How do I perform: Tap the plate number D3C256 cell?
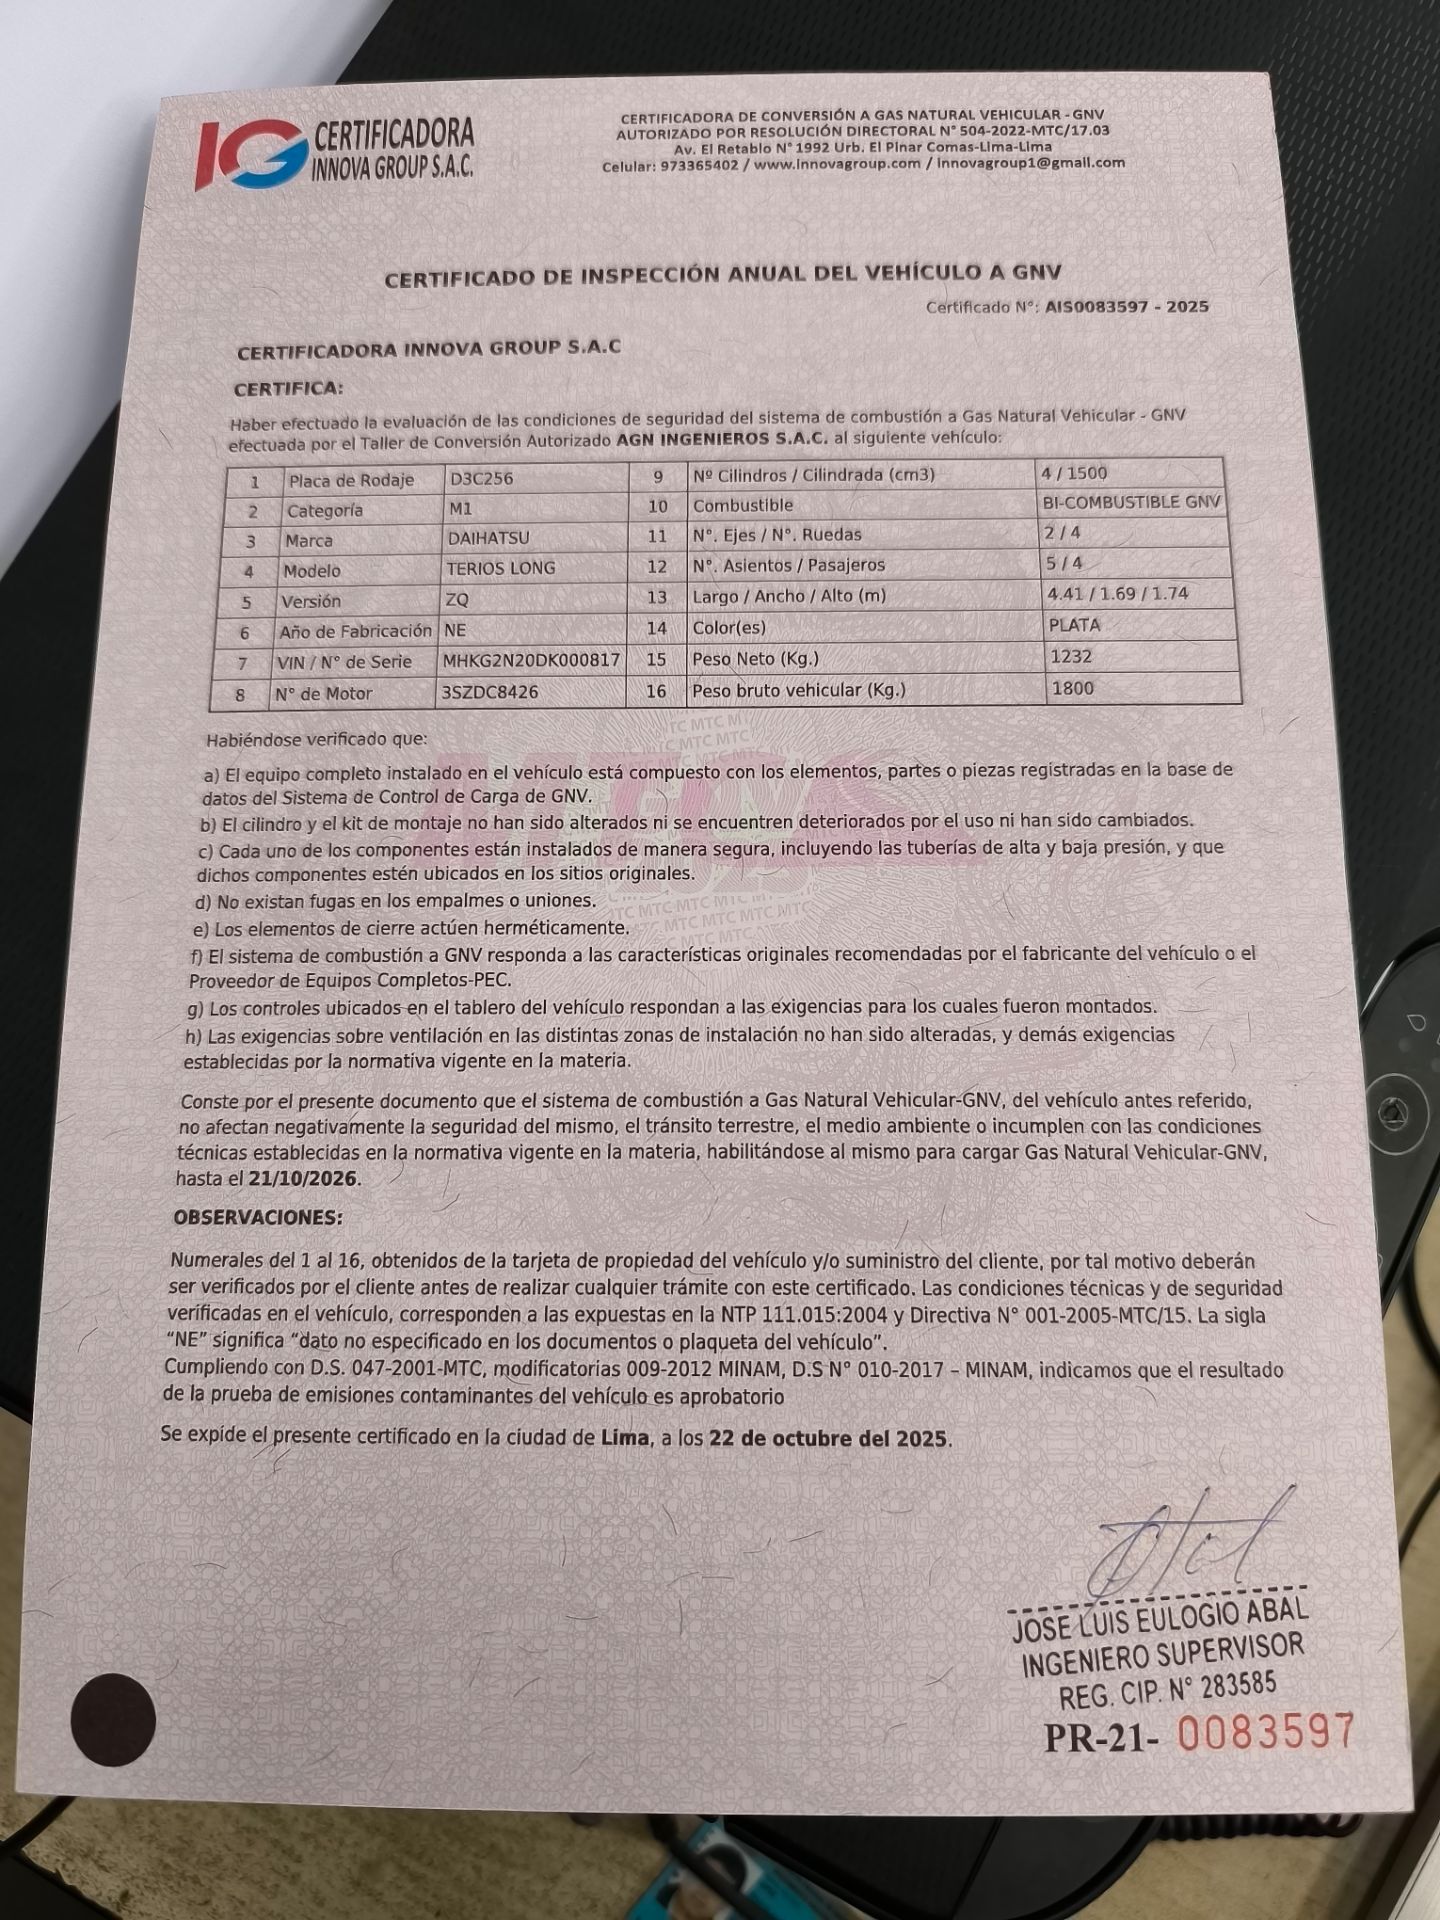pyautogui.click(x=482, y=478)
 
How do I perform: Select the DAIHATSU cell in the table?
pyautogui.click(x=489, y=538)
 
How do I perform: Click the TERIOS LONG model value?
pyautogui.click(x=501, y=568)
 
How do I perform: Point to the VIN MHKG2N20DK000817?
pyautogui.click(x=531, y=660)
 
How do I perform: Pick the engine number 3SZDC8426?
pyautogui.click(x=490, y=692)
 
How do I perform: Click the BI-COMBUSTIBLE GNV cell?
pyautogui.click(x=1132, y=502)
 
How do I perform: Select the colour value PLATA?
pyautogui.click(x=1075, y=625)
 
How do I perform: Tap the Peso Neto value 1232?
pyautogui.click(x=1071, y=657)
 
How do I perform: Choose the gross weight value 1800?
pyautogui.click(x=1072, y=688)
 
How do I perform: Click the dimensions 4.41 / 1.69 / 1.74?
pyautogui.click(x=1117, y=594)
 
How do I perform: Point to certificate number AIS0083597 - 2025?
pyautogui.click(x=1127, y=307)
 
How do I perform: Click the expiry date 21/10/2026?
pyautogui.click(x=303, y=1179)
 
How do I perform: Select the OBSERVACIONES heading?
pyautogui.click(x=257, y=1218)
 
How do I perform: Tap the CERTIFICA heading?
pyautogui.click(x=288, y=388)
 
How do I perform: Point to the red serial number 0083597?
pyautogui.click(x=1266, y=1732)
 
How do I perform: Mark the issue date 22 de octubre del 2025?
pyautogui.click(x=828, y=1439)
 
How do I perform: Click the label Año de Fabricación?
pyautogui.click(x=355, y=631)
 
